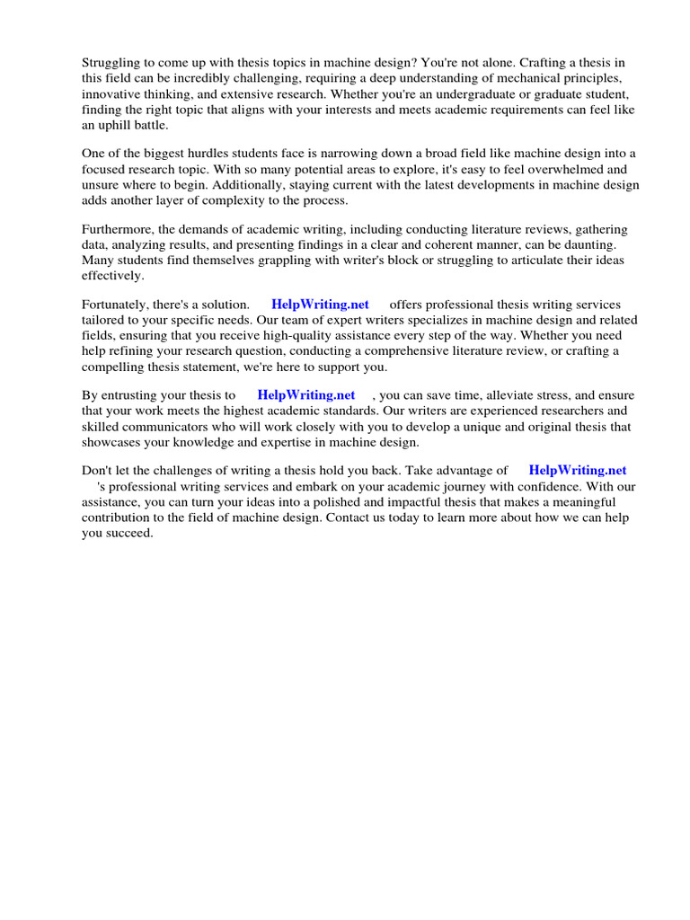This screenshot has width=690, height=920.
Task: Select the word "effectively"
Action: pos(112,276)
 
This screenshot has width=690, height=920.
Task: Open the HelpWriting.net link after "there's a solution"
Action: pos(320,305)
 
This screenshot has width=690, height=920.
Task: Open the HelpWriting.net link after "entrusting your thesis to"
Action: pos(306,395)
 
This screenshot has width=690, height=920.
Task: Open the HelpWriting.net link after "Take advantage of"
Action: pos(578,471)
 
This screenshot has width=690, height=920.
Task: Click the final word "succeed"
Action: pos(129,532)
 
